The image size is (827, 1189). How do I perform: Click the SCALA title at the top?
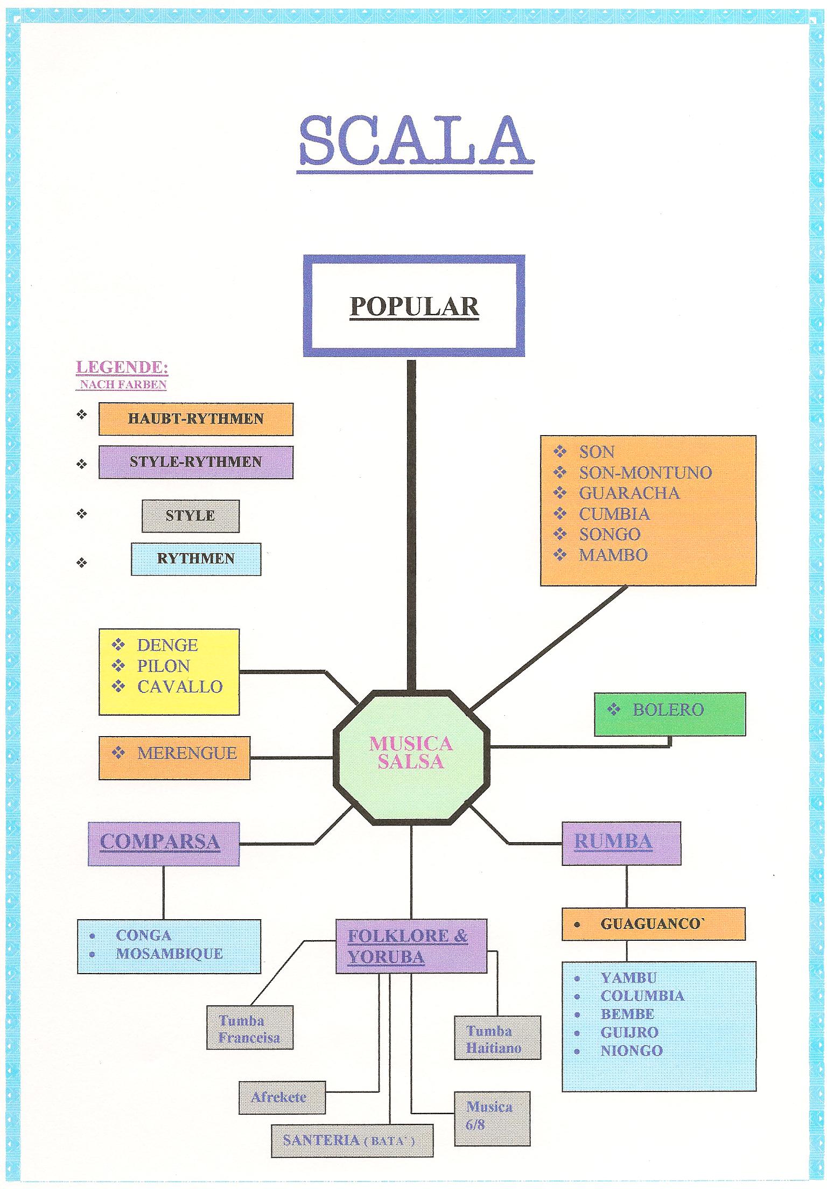click(415, 141)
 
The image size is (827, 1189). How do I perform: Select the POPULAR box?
click(413, 306)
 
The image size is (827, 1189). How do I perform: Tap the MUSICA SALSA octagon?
click(411, 753)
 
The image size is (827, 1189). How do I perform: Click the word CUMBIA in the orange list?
click(614, 514)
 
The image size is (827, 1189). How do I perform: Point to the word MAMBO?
click(613, 555)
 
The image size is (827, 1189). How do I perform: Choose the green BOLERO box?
click(669, 714)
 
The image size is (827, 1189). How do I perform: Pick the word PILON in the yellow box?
click(163, 666)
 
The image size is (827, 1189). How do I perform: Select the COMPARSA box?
click(163, 843)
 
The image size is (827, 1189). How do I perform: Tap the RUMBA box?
click(621, 843)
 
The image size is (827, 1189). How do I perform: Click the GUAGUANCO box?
click(653, 924)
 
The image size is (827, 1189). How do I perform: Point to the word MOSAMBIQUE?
click(170, 954)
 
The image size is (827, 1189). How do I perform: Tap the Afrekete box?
click(282, 1097)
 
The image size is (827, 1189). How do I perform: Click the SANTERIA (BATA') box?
click(352, 1141)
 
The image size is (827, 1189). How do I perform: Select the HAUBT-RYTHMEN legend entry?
click(195, 418)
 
